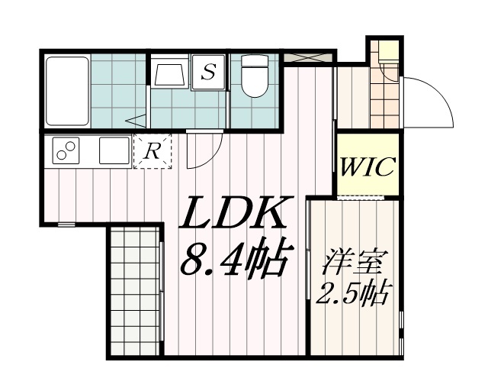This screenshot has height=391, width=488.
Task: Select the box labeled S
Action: pyautogui.click(x=207, y=73)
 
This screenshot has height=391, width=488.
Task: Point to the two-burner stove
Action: pyautogui.click(x=66, y=151)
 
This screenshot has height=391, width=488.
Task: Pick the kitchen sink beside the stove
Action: pyautogui.click(x=111, y=150)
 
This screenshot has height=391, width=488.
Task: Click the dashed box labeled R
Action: pyautogui.click(x=152, y=151)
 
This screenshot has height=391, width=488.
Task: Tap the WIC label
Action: pyautogui.click(x=368, y=166)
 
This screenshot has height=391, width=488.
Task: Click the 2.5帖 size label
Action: pyautogui.click(x=352, y=293)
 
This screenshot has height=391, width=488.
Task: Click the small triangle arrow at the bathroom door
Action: pyautogui.click(x=136, y=120)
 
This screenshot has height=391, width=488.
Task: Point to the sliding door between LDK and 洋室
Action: pyautogui.click(x=307, y=275)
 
